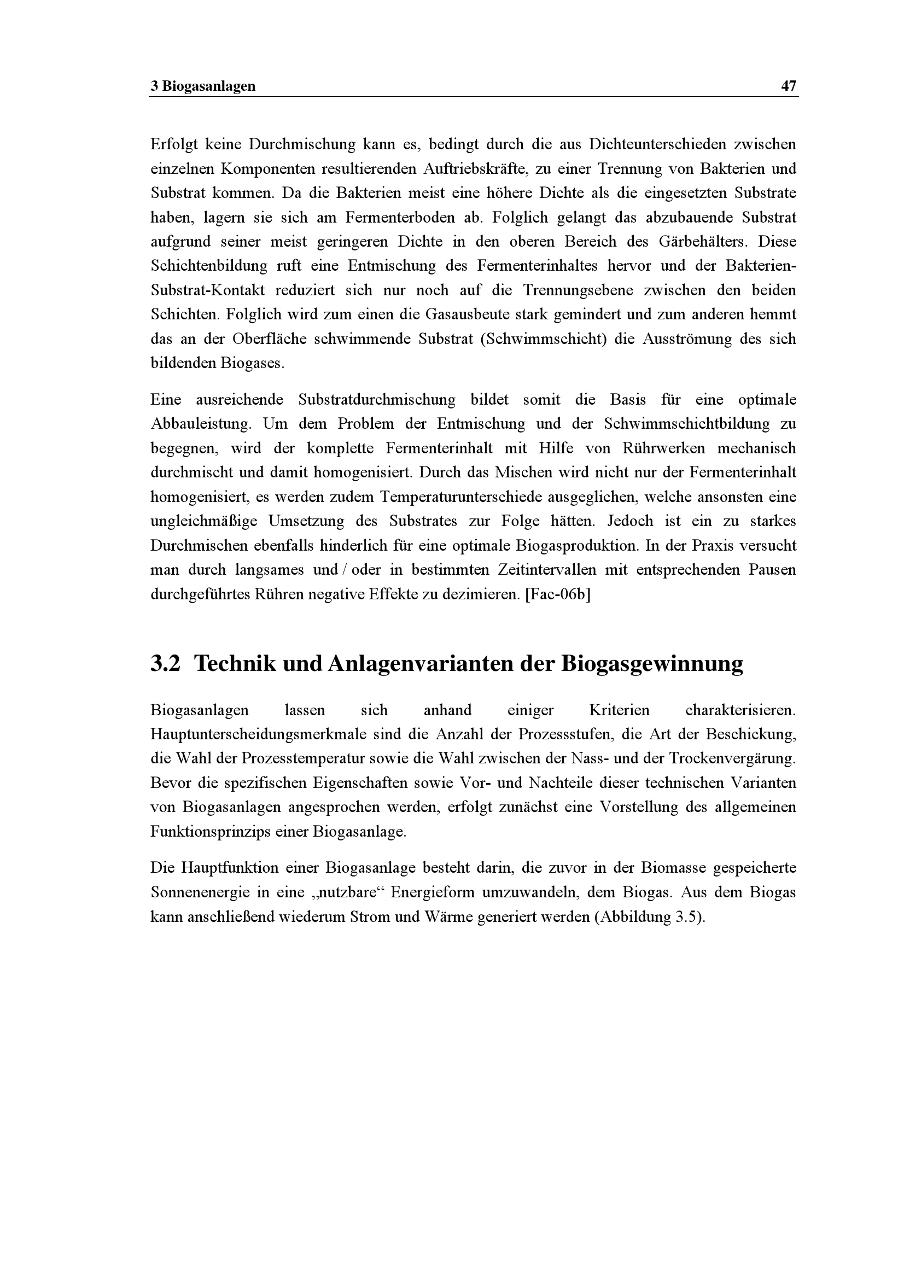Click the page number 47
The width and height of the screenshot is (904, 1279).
click(789, 86)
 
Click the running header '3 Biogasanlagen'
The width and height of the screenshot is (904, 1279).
click(203, 86)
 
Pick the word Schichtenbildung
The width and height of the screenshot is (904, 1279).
click(209, 266)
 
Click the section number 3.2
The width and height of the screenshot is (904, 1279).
click(165, 664)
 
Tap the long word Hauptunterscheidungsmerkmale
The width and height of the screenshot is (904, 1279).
click(259, 734)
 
